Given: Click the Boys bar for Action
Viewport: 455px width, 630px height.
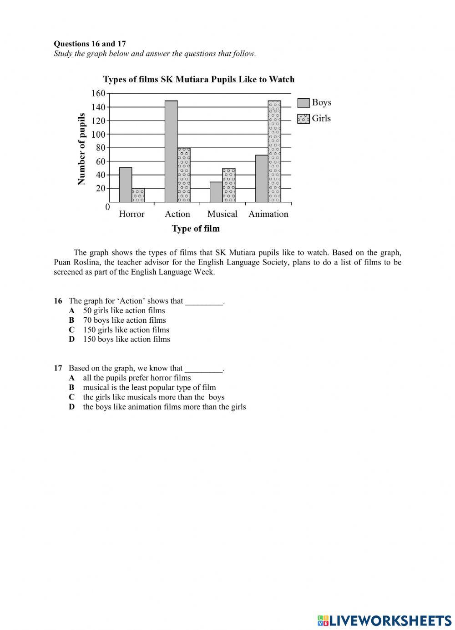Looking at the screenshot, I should (171, 151).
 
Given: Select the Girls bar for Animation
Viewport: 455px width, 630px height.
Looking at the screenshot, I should (274, 151).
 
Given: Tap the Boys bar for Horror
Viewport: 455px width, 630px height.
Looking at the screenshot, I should (126, 185).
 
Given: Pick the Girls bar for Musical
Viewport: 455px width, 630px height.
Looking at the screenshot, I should (229, 185).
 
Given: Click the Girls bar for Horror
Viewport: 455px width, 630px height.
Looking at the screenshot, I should (138, 195).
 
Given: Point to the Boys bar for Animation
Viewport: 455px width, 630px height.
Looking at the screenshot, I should (262, 179).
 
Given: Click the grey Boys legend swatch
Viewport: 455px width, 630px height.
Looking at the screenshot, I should (303, 103).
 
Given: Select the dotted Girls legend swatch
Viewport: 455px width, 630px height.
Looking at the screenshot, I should (303, 119).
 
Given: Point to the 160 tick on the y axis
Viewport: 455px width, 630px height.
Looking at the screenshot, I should (98, 94).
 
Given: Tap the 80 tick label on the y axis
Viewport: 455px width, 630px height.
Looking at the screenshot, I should (100, 148).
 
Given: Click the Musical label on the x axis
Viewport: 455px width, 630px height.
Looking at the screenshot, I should (222, 214).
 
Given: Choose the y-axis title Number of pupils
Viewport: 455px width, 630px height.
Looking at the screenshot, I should (82, 149).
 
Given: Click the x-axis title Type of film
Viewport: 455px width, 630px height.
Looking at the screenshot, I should (196, 229).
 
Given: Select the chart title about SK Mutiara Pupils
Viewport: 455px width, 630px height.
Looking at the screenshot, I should (199, 80).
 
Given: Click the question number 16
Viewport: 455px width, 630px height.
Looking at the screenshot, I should (58, 301).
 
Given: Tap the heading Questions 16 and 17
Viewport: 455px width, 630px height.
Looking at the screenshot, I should (90, 44).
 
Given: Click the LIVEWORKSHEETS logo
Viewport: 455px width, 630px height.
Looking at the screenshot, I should (384, 620).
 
